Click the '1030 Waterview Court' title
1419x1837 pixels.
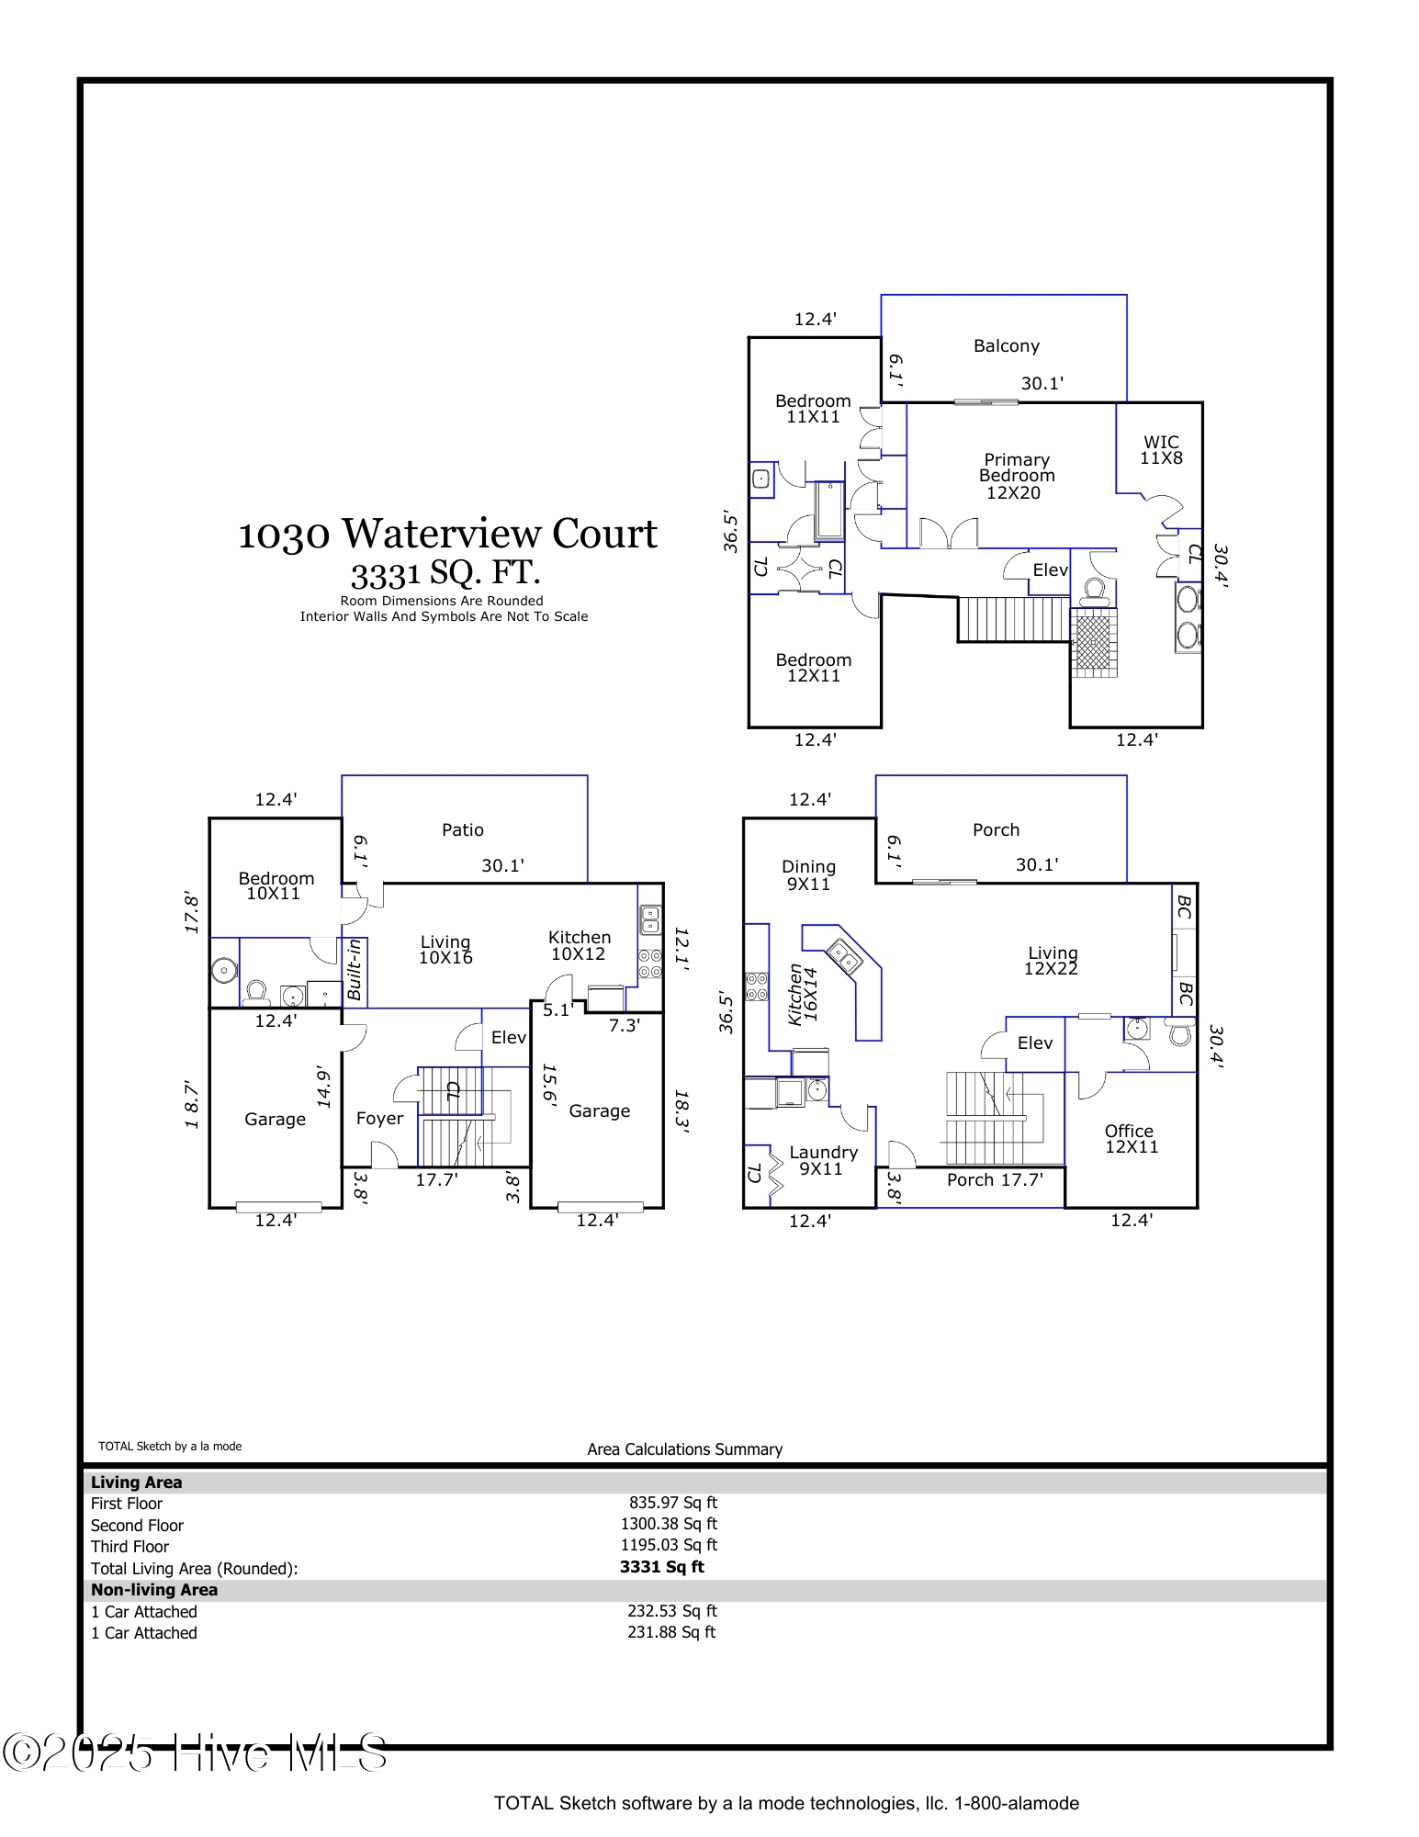pyautogui.click(x=447, y=535)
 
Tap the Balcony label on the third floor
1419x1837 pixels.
pyautogui.click(x=1006, y=346)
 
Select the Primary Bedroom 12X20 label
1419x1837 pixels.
pyautogui.click(x=1016, y=476)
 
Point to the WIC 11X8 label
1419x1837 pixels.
pyautogui.click(x=1161, y=450)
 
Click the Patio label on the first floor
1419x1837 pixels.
pyautogui.click(x=462, y=830)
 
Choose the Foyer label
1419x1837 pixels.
pyautogui.click(x=379, y=1119)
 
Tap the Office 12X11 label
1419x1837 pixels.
pyautogui.click(x=1130, y=1139)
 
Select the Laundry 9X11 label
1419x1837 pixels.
pyautogui.click(x=823, y=1160)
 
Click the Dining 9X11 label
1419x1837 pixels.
pyautogui.click(x=808, y=875)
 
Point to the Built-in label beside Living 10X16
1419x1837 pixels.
pyautogui.click(x=355, y=970)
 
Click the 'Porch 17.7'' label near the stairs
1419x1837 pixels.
pyautogui.click(x=995, y=1180)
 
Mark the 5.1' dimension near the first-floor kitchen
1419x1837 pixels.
pyautogui.click(x=557, y=1010)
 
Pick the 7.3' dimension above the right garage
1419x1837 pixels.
pyautogui.click(x=624, y=1026)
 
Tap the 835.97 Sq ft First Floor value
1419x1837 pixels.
pyautogui.click(x=672, y=1503)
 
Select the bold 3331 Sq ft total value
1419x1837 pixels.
pyautogui.click(x=661, y=1567)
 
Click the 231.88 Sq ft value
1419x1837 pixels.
pyautogui.click(x=670, y=1632)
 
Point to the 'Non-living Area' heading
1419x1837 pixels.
pyautogui.click(x=154, y=1590)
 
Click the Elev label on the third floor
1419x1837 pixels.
pyautogui.click(x=1050, y=570)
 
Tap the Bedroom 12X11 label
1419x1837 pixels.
pyautogui.click(x=813, y=668)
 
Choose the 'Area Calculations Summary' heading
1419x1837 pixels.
pyautogui.click(x=684, y=1449)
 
